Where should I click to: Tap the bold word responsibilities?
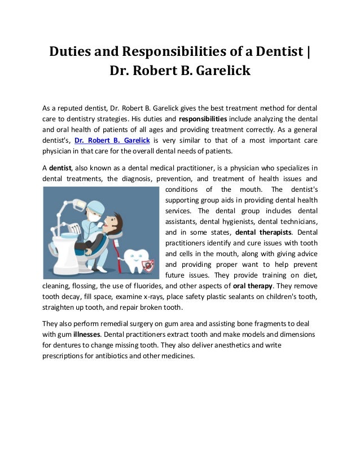[x=203, y=119]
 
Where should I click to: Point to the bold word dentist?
[x=60, y=168]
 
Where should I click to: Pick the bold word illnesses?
[x=88, y=334]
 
